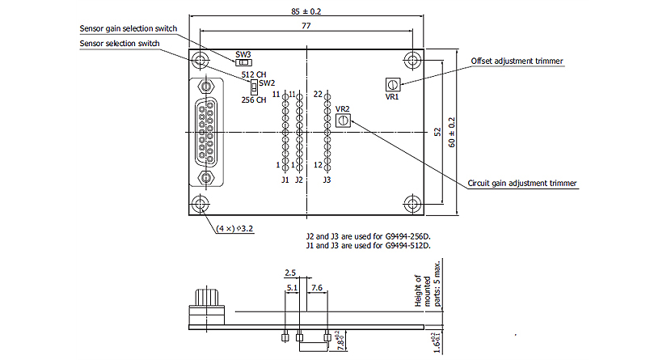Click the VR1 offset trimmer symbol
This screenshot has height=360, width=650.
point(392,84)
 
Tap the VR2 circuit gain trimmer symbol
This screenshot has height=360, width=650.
point(343,120)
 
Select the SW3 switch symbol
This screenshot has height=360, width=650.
point(243,62)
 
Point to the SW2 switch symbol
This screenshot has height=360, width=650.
point(253,84)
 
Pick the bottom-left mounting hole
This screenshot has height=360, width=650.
point(200,205)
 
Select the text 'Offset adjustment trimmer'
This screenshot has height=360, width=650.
point(517,61)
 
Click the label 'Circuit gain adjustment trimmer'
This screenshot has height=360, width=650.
point(523,184)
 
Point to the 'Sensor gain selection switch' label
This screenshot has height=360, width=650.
point(129,28)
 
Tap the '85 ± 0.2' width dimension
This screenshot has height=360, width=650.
point(307,11)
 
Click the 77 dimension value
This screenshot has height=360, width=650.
point(306,27)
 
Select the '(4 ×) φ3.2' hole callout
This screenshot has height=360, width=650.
point(235,229)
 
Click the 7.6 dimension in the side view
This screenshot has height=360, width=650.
point(317,287)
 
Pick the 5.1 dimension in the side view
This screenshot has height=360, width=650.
point(292,287)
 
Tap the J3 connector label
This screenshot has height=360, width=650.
point(326,180)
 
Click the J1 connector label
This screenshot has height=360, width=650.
point(285,180)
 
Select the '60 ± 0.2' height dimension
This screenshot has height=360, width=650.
point(452,132)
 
